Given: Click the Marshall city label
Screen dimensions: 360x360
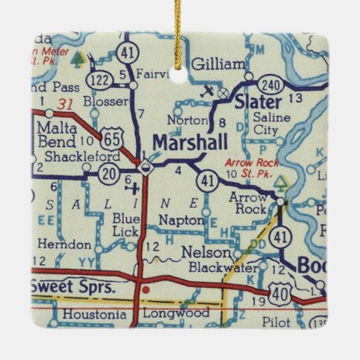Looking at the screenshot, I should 190,143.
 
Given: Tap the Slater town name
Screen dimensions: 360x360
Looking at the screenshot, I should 258,102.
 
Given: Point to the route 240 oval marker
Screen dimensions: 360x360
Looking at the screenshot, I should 269,84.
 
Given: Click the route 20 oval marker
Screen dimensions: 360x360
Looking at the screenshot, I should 108,174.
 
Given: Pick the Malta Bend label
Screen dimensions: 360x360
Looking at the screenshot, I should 56,135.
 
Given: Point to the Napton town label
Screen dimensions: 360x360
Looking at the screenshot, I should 181,220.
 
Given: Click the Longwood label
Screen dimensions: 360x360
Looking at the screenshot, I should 176,313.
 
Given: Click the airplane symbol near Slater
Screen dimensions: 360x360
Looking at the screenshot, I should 209,91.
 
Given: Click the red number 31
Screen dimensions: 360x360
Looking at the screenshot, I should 66,103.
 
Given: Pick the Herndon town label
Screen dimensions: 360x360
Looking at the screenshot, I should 64,244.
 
